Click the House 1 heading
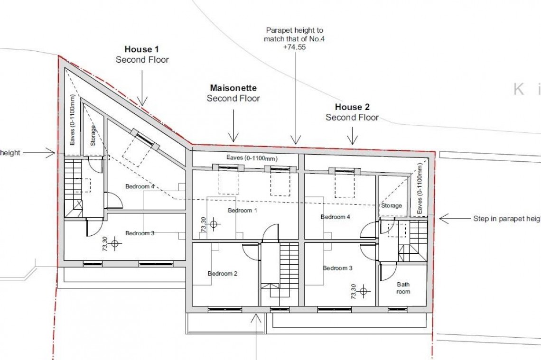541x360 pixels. [x=142, y=49]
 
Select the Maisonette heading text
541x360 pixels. [x=233, y=88]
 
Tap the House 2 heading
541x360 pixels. [x=352, y=107]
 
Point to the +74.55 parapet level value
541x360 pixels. [x=294, y=48]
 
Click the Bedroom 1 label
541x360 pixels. [x=243, y=210]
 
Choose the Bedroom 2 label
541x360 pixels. [x=223, y=273]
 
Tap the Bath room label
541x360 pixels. [x=403, y=288]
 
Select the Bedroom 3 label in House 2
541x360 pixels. [x=337, y=268]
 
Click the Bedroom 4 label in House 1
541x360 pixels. [x=140, y=186]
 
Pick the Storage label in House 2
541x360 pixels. [x=392, y=205]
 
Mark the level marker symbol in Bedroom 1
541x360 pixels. [x=214, y=223]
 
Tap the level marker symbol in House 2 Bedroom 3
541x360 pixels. [x=364, y=291]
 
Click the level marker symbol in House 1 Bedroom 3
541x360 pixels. [x=114, y=245]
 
